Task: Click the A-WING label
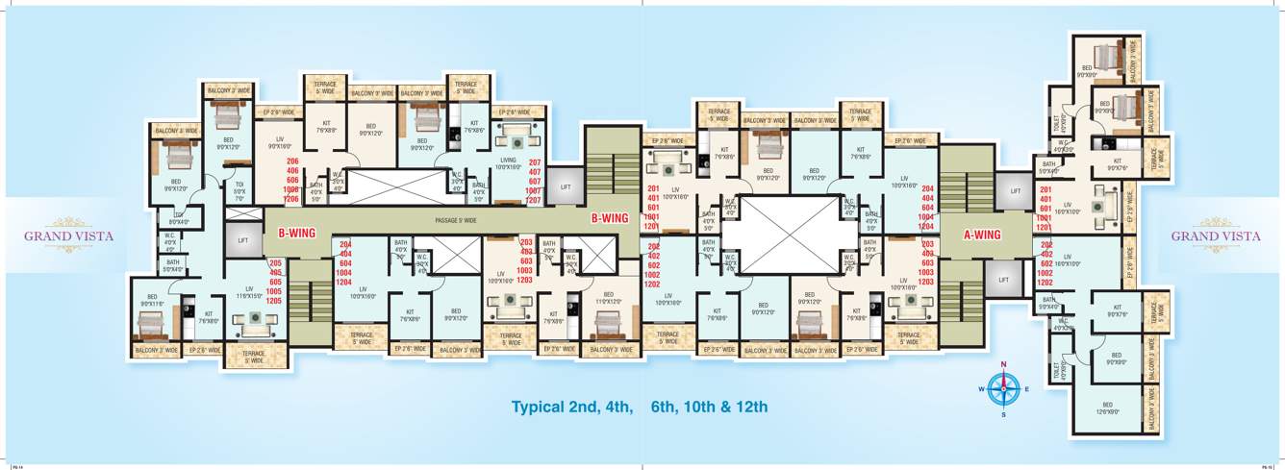click(x=983, y=234)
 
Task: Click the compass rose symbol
click(x=1003, y=388)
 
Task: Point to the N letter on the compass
click(x=1003, y=365)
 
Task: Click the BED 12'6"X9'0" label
click(x=1106, y=407)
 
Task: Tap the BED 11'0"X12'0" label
click(x=608, y=298)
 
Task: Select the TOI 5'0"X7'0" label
click(x=239, y=192)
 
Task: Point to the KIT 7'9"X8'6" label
click(x=326, y=127)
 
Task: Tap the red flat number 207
click(x=535, y=162)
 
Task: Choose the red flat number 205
click(x=274, y=263)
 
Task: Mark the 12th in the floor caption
click(x=749, y=408)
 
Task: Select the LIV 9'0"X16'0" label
click(x=279, y=142)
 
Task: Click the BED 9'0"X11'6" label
click(x=152, y=300)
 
